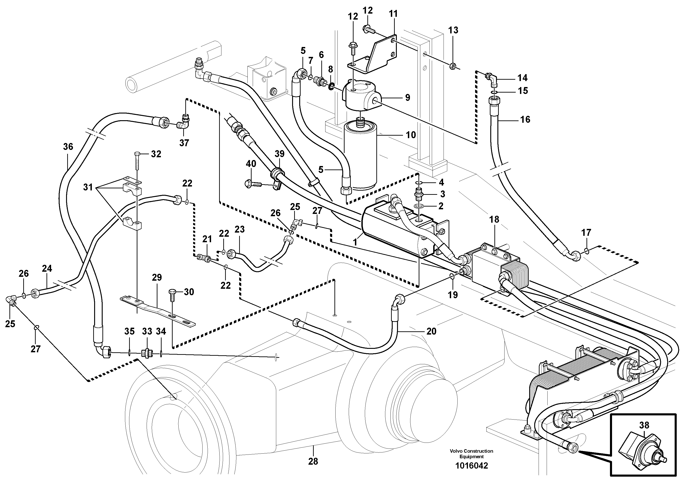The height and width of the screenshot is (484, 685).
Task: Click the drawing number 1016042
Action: tap(471, 466)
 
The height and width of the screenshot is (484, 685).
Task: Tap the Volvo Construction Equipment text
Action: tap(471, 454)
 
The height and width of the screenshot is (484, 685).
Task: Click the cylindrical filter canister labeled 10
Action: tap(360, 158)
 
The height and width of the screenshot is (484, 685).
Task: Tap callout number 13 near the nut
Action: tap(453, 30)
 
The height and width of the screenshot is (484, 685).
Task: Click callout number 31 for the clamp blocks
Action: tap(88, 188)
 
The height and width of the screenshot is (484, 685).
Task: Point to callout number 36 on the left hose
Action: tap(68, 146)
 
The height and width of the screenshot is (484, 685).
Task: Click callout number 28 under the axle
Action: tap(313, 461)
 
